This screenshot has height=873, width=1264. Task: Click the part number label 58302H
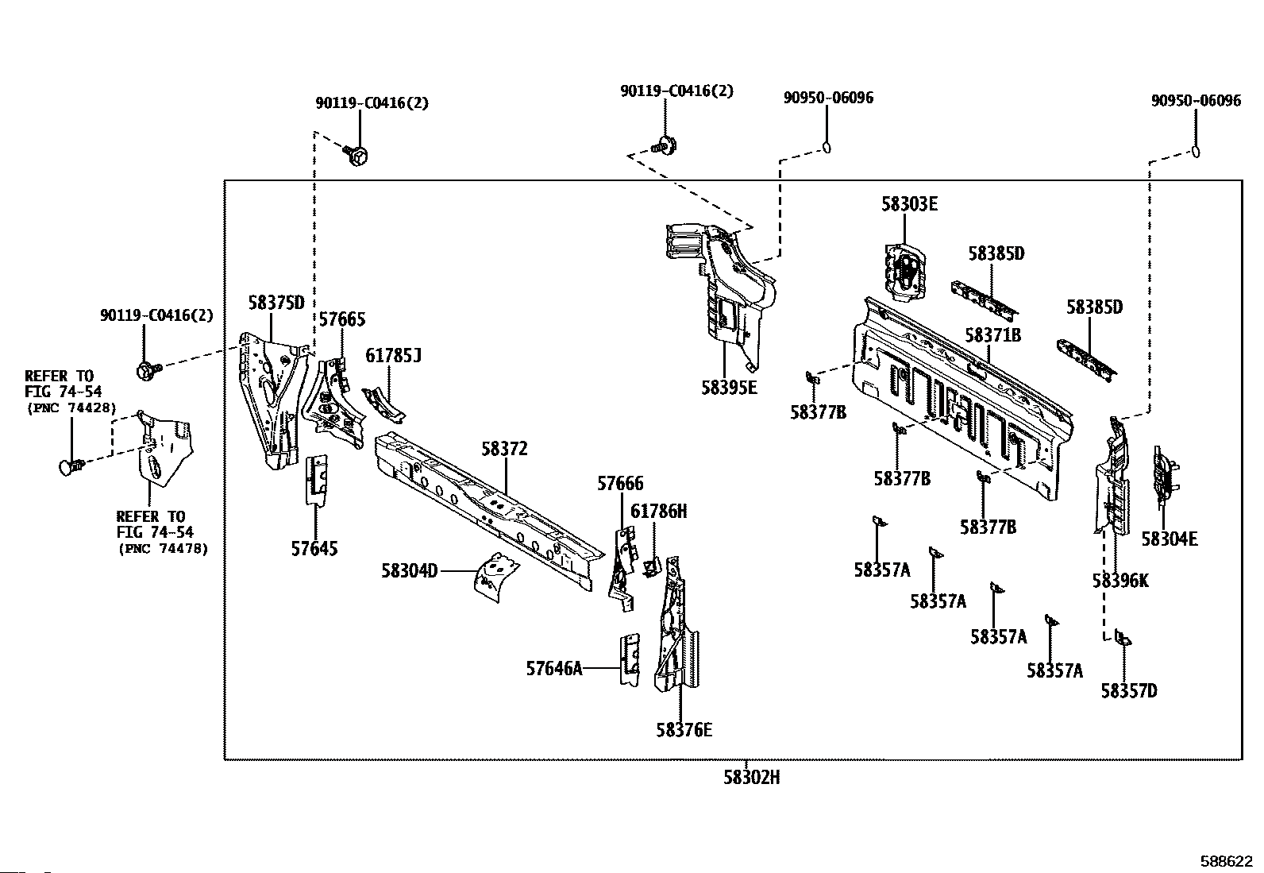[x=752, y=778]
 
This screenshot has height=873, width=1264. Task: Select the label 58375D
[x=276, y=303]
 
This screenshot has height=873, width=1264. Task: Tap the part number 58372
[x=504, y=448]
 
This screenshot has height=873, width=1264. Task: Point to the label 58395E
[x=729, y=388]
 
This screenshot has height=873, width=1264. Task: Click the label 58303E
[x=910, y=204]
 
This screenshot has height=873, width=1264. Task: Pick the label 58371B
[x=993, y=335]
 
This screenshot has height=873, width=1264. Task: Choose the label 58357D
[x=1129, y=690]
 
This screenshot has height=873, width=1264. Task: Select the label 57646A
[x=554, y=669]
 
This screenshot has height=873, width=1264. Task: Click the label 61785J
[x=393, y=355]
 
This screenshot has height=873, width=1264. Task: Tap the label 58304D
[x=410, y=570]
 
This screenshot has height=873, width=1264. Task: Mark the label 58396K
[x=1120, y=581]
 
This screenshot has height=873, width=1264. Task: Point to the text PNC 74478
[x=163, y=548]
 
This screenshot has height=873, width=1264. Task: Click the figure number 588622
[x=1226, y=861]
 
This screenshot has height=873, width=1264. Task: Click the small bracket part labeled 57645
[x=316, y=480]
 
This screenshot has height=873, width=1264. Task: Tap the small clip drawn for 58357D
[x=1123, y=638]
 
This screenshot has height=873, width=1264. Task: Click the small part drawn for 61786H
[x=653, y=566]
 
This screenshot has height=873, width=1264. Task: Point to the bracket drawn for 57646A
[x=630, y=659]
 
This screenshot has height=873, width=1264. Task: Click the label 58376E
[x=684, y=730]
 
